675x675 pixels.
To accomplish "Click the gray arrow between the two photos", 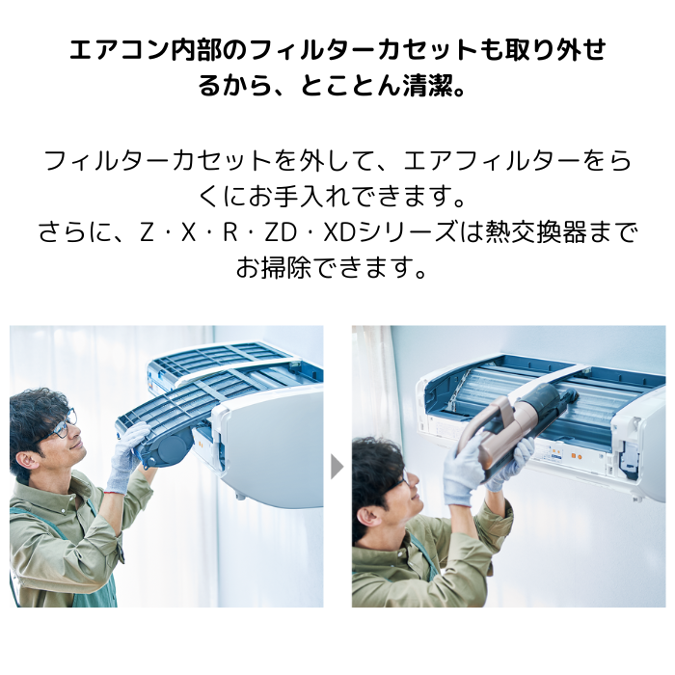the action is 337,467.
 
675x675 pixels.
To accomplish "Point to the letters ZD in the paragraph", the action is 281,232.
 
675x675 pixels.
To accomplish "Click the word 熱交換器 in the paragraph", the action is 536,232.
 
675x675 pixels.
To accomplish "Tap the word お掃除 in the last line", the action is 273,268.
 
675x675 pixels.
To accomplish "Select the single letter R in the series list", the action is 229,232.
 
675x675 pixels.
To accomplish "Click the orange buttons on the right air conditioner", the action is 576,455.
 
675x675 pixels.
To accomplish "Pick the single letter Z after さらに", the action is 148,232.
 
